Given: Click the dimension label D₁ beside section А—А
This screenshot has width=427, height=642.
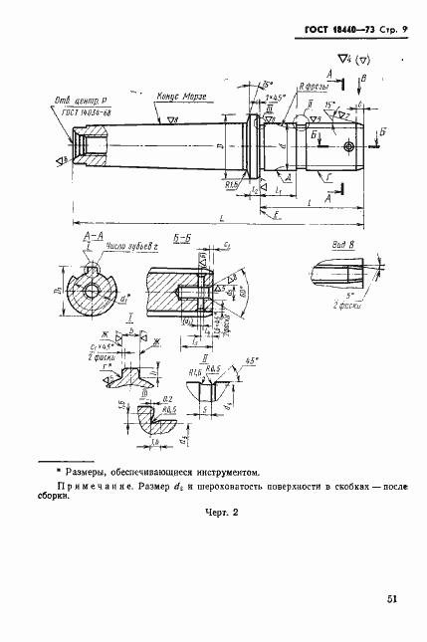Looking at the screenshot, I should tap(58, 292).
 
